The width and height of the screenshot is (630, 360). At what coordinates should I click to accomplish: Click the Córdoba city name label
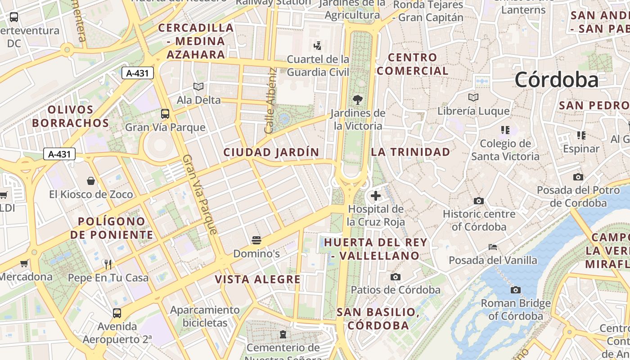coord(556,80)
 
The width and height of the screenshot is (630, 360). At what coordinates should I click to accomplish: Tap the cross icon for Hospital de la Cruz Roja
coord(376,196)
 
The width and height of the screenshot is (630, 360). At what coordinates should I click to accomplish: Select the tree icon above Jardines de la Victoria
coord(358,99)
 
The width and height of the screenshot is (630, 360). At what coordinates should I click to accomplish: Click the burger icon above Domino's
coord(256,240)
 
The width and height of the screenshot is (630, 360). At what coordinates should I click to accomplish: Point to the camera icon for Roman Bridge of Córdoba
coord(516,290)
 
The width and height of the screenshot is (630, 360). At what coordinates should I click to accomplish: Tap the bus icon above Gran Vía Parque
coord(165,114)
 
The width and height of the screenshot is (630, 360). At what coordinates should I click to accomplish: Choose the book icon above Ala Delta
coord(198,86)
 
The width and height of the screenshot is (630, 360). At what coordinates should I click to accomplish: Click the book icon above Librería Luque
coord(473,97)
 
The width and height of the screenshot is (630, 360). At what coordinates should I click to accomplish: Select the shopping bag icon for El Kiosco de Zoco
coord(91,181)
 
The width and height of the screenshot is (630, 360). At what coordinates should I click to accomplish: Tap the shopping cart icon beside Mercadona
coord(24,263)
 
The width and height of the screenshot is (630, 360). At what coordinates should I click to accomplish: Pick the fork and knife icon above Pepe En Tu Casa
coord(108,264)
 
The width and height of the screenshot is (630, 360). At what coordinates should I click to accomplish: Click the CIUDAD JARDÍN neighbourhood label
coord(271,153)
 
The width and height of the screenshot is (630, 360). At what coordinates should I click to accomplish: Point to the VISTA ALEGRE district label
coord(257,279)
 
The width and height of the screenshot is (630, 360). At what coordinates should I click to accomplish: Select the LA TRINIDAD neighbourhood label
coord(410,152)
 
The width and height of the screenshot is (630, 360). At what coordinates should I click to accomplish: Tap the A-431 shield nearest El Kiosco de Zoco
coord(59,154)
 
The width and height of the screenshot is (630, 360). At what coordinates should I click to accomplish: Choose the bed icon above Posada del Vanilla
coord(493,247)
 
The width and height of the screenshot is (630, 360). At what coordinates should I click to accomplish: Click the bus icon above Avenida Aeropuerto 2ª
coord(117,313)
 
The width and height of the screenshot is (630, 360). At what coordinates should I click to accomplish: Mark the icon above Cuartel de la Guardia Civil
coord(318,45)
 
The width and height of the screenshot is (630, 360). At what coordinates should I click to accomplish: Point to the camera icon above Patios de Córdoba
coord(396,277)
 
